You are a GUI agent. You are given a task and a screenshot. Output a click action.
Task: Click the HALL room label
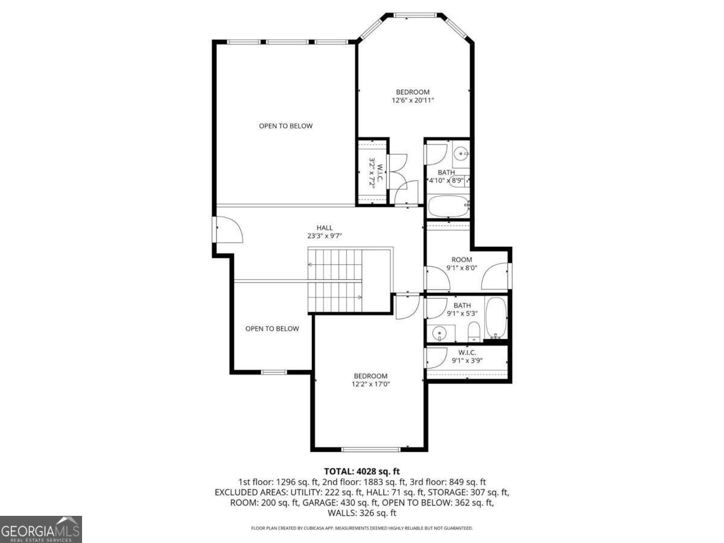325,227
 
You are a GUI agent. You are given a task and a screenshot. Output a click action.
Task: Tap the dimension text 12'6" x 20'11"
413,100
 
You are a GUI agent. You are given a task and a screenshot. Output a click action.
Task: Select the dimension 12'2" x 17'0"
370,384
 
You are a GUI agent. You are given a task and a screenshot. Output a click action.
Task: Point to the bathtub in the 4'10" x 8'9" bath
448,206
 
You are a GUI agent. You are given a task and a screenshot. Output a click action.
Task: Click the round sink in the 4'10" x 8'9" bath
460,153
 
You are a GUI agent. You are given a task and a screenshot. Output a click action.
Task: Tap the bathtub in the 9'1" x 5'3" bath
496,318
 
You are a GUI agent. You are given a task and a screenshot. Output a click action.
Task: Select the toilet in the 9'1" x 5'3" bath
474,332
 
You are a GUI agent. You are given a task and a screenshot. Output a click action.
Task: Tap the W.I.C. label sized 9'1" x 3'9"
467,357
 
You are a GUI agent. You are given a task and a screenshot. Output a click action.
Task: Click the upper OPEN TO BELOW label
285,126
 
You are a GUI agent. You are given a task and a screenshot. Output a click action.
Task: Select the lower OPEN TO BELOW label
272,329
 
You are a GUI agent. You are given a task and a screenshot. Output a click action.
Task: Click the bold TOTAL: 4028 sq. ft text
362,471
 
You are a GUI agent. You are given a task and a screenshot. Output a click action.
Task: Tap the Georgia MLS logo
41,529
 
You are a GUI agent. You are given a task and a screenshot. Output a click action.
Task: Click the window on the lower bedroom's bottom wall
370,449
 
